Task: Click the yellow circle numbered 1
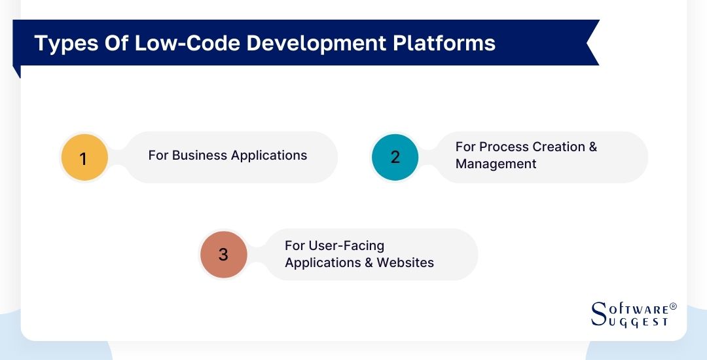[83, 158]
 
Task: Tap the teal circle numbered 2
[395, 157]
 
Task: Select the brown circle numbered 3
[223, 254]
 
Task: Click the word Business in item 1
[198, 155]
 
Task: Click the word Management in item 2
[496, 164]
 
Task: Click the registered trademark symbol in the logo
[673, 306]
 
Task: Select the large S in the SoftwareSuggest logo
[599, 314]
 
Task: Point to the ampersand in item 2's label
[592, 147]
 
